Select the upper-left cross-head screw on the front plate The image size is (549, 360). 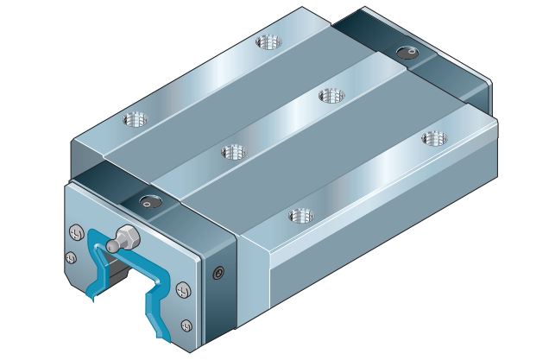(x=73, y=232)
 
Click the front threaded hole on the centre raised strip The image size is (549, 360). (x=233, y=153)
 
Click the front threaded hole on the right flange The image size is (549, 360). (x=299, y=214)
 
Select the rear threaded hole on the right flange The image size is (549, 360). (x=429, y=137)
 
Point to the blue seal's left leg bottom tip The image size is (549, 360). (x=91, y=300)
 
